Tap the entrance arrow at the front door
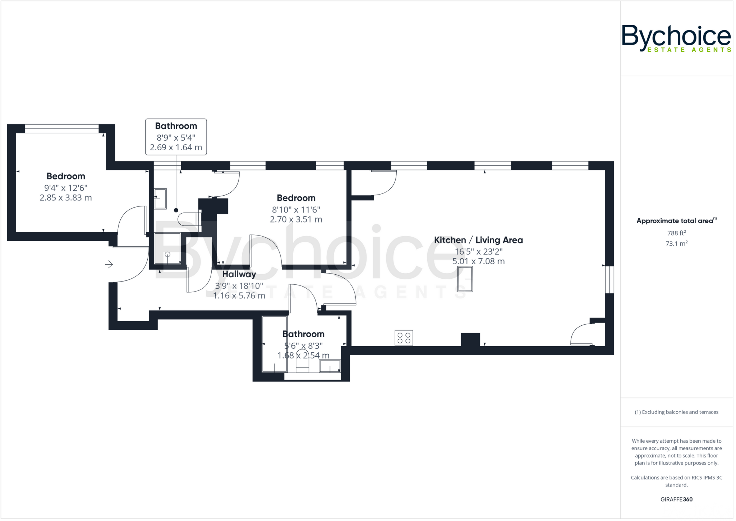pyautogui.click(x=109, y=265)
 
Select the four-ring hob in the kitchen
pyautogui.click(x=404, y=338)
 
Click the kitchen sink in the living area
pyautogui.click(x=465, y=279)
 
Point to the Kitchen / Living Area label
pyautogui.click(x=478, y=240)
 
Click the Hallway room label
pyautogui.click(x=239, y=274)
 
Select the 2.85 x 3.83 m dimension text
pyautogui.click(x=66, y=198)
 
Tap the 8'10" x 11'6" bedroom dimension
pyautogui.click(x=296, y=209)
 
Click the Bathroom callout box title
pyautogui.click(x=176, y=126)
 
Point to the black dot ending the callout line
pyautogui.click(x=176, y=210)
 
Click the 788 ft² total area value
pyautogui.click(x=676, y=233)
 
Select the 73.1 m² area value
pyautogui.click(x=676, y=243)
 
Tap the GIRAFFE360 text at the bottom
pyautogui.click(x=676, y=499)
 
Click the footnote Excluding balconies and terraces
pyautogui.click(x=676, y=412)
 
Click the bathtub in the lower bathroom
pyautogui.click(x=275, y=344)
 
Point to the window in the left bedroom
pyautogui.click(x=61, y=128)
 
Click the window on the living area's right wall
pyautogui.click(x=609, y=279)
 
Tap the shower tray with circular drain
pyautogui.click(x=167, y=248)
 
